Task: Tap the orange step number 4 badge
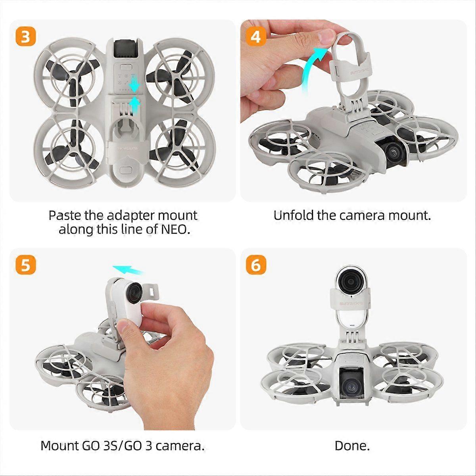(x=256, y=37)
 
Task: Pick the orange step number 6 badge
(x=256, y=265)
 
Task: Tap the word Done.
(x=352, y=445)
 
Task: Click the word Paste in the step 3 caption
(x=65, y=216)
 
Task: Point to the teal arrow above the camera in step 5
(x=128, y=270)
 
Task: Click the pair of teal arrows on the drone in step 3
(x=135, y=93)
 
